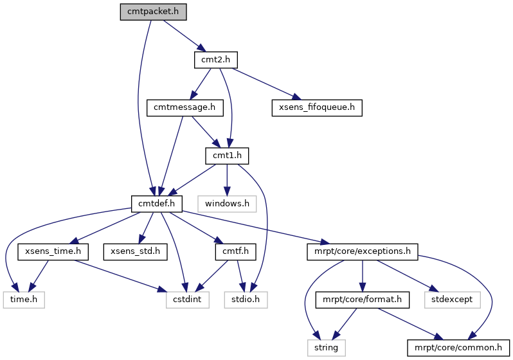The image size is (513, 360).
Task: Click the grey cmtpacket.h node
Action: (153, 12)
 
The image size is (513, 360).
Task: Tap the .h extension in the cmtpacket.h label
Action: (173, 12)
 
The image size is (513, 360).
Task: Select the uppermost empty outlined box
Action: (227, 204)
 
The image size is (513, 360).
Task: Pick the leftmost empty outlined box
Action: (24, 300)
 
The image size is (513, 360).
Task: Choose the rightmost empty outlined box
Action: (452, 300)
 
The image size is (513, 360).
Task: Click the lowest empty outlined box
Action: (327, 348)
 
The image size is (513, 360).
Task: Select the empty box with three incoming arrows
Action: (188, 300)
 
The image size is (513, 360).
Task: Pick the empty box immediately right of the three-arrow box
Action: (246, 300)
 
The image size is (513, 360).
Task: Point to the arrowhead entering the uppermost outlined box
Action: (227, 192)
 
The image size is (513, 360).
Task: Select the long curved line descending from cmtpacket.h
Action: (138, 103)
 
